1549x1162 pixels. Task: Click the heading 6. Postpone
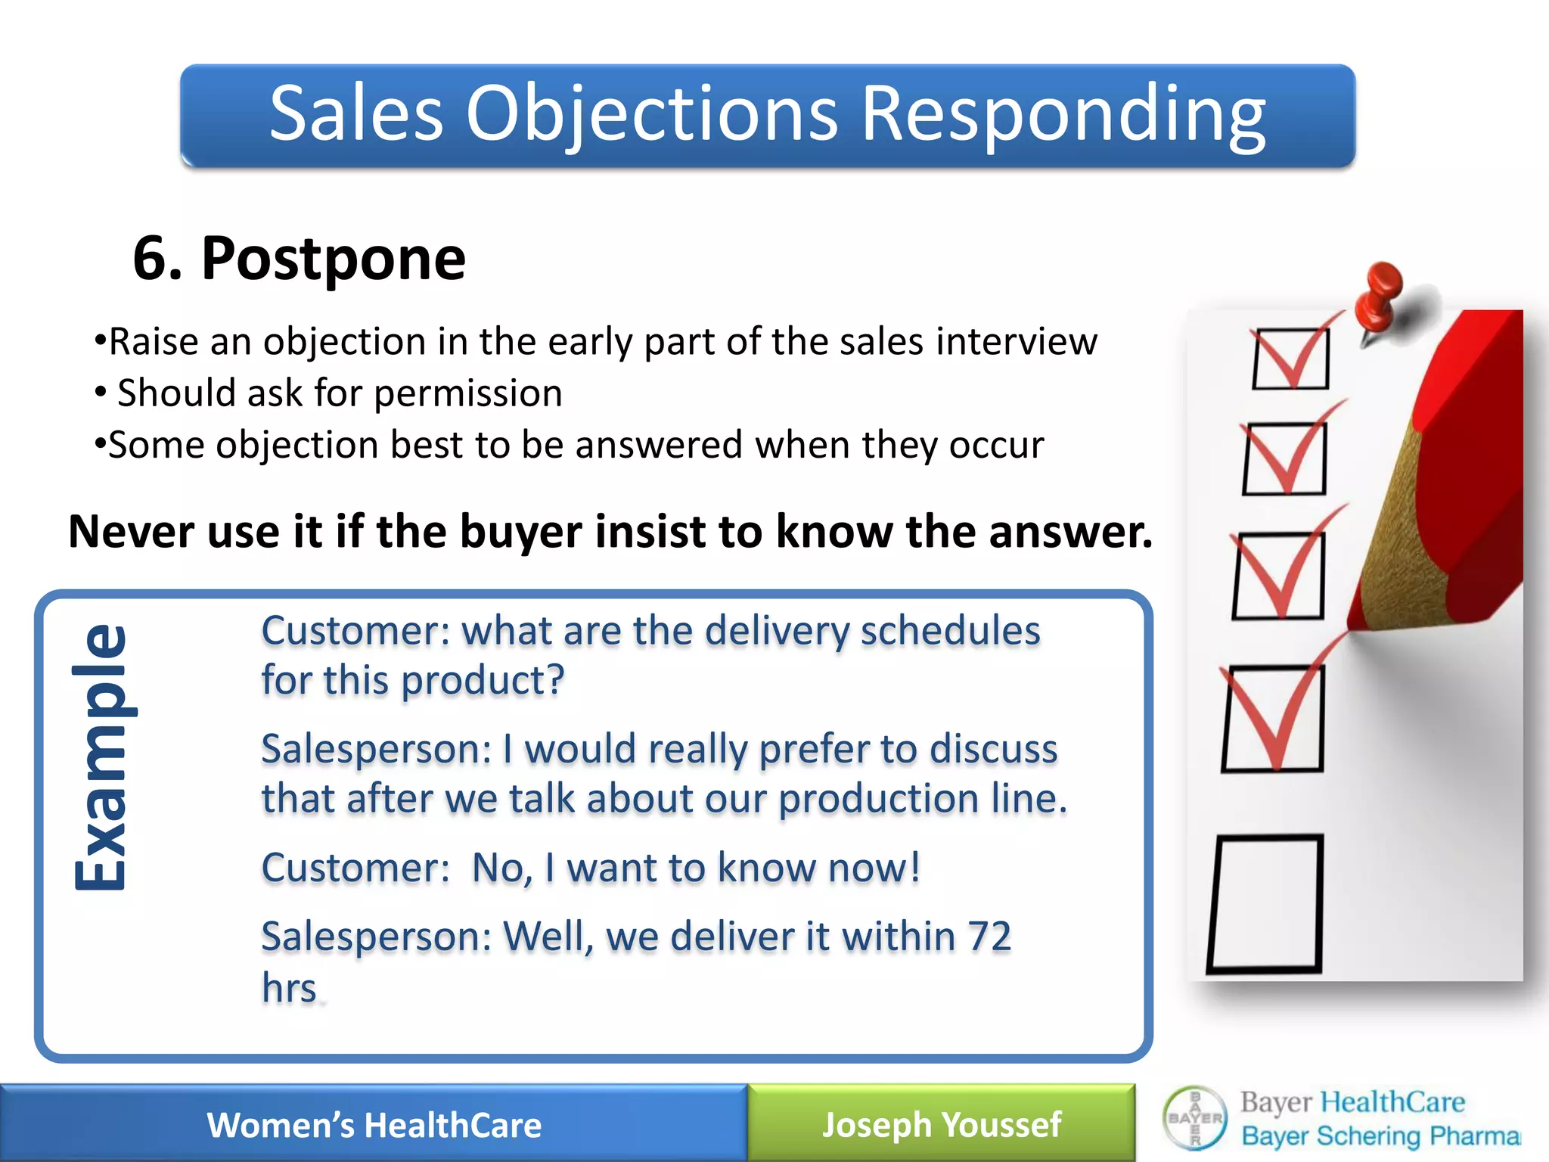pyautogui.click(x=299, y=259)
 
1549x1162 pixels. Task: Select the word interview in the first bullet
pyautogui.click(x=1017, y=342)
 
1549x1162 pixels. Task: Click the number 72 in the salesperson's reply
pyautogui.click(x=989, y=937)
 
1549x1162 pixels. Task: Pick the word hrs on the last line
pyautogui.click(x=289, y=988)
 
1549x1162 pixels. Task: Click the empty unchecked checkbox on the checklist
pyautogui.click(x=1265, y=903)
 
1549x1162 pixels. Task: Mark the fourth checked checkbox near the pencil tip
pyautogui.click(x=1273, y=717)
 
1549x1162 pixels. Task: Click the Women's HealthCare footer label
pyautogui.click(x=374, y=1125)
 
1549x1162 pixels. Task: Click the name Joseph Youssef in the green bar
pyautogui.click(x=941, y=1125)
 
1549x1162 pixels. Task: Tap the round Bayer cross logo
pyautogui.click(x=1195, y=1118)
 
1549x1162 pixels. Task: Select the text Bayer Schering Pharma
pyautogui.click(x=1380, y=1136)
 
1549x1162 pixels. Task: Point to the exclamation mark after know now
pyautogui.click(x=914, y=867)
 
